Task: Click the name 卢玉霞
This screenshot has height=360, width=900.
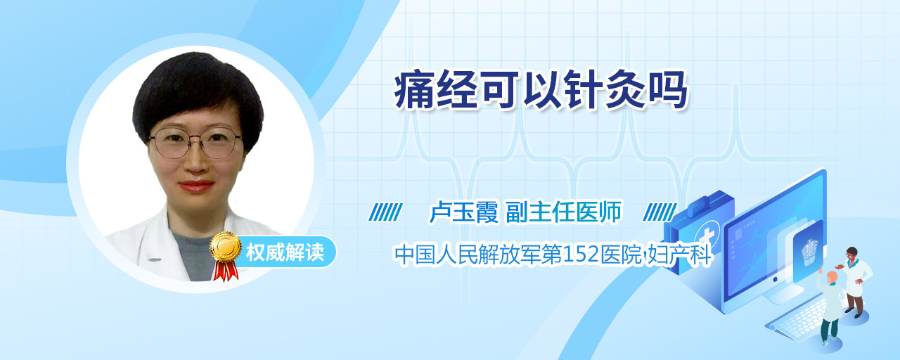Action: pos(463,212)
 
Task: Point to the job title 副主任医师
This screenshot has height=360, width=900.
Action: pos(564,212)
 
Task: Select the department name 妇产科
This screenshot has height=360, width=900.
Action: pos(679,255)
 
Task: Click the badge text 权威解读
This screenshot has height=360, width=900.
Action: pos(285,252)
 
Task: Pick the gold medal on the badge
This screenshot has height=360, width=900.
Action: pos(226,245)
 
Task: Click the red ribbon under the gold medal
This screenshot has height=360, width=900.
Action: pos(226,271)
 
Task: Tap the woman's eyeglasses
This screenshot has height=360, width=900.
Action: pos(195,143)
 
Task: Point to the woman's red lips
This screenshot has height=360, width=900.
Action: pos(196,186)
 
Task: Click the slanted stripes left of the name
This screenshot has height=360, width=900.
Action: pos(386,212)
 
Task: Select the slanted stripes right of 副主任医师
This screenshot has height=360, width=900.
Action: pos(660,212)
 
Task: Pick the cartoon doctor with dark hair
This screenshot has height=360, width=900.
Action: pos(856,282)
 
